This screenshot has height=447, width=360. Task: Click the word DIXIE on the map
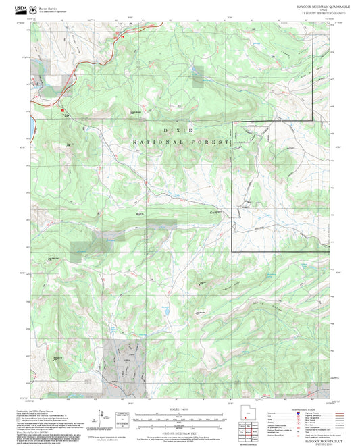178,130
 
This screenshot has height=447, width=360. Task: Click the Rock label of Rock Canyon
140,214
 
